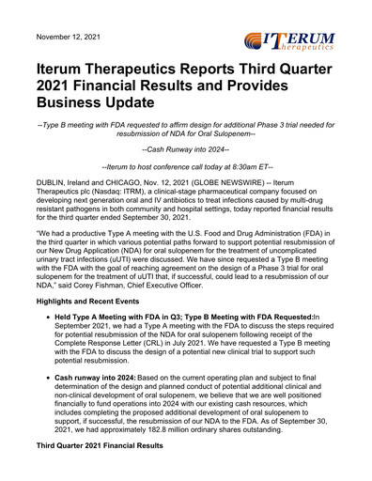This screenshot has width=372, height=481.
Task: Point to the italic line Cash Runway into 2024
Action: (x=185, y=148)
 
